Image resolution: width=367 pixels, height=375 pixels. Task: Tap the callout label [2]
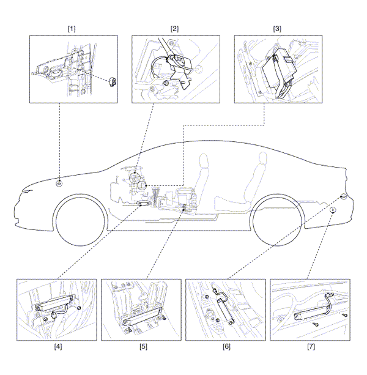[x=174, y=29]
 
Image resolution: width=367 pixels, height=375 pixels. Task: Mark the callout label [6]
[x=226, y=346]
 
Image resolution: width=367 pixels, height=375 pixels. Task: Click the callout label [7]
[x=311, y=346]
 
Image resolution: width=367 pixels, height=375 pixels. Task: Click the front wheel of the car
[x=83, y=223]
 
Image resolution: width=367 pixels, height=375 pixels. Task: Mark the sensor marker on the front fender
[x=59, y=183]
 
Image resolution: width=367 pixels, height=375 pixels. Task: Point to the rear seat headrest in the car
[x=262, y=158]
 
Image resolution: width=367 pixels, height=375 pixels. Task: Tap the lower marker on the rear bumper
[x=332, y=209]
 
